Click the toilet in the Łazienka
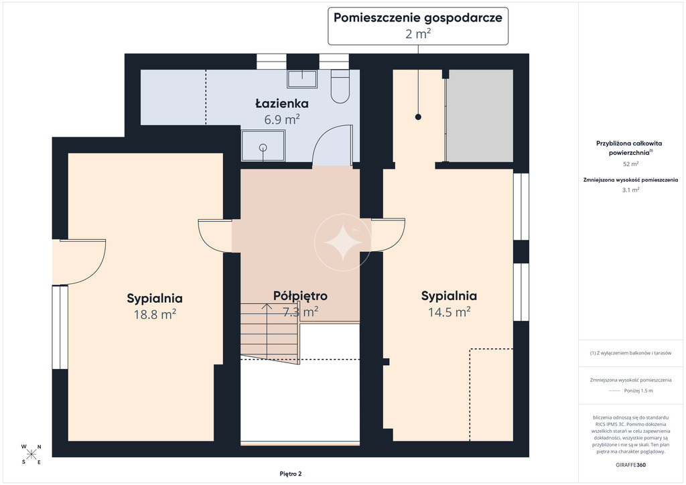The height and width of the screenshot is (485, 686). click(x=340, y=86)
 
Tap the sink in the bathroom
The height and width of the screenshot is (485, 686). click(x=302, y=79)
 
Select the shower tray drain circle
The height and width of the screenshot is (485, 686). click(x=263, y=147)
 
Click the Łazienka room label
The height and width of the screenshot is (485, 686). click(x=282, y=104)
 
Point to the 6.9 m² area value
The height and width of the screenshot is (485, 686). click(x=282, y=119)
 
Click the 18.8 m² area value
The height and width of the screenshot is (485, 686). click(x=155, y=314)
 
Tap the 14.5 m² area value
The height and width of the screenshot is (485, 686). click(x=449, y=311)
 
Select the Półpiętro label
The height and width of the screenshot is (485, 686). click(x=300, y=296)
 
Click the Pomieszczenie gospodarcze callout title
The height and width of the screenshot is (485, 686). click(x=418, y=17)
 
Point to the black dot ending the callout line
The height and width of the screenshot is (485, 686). click(x=418, y=117)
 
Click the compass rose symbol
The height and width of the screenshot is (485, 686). click(x=31, y=454)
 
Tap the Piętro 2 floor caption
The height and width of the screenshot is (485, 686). click(x=291, y=474)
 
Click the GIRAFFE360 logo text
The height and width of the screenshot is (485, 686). click(x=630, y=465)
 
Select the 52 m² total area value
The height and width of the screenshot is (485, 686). click(x=630, y=164)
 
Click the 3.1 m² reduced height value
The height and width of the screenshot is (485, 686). click(x=630, y=190)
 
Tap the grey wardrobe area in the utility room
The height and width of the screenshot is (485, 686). click(x=480, y=115)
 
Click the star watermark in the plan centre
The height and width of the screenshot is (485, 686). click(x=342, y=242)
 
